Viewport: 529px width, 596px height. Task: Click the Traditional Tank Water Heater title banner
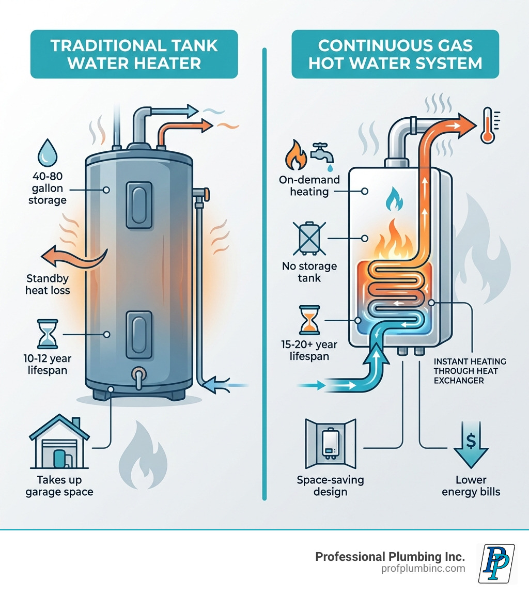pyautogui.click(x=134, y=54)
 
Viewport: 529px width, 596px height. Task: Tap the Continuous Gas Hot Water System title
pyautogui.click(x=395, y=54)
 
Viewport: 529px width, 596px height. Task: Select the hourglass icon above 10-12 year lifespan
pyautogui.click(x=46, y=333)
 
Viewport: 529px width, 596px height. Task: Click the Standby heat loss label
pyautogui.click(x=48, y=285)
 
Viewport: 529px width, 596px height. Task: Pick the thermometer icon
pyautogui.click(x=488, y=125)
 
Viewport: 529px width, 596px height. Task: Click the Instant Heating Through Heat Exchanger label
pyautogui.click(x=470, y=371)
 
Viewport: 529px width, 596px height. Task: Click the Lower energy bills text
pyautogui.click(x=471, y=486)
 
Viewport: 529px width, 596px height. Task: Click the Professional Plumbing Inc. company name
pyautogui.click(x=390, y=556)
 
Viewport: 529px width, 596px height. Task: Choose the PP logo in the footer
pyautogui.click(x=496, y=563)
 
